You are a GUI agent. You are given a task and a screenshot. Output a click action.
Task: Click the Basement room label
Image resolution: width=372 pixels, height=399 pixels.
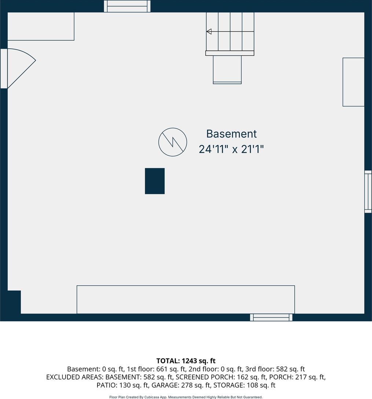[x=231, y=134]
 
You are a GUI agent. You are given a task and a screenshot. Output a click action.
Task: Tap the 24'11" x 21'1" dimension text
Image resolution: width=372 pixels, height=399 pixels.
[x=231, y=149]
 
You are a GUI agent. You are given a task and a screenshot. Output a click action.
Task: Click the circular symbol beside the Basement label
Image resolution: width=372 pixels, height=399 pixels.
[x=173, y=142]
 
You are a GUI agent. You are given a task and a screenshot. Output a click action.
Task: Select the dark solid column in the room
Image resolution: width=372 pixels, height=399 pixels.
[x=155, y=181]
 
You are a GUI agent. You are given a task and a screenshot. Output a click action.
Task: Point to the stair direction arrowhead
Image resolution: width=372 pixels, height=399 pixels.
[x=209, y=32]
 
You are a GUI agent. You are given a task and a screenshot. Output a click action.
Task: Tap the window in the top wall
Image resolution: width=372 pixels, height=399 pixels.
[x=127, y=6]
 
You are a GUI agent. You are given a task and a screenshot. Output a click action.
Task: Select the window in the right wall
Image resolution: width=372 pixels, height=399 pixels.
[x=368, y=191]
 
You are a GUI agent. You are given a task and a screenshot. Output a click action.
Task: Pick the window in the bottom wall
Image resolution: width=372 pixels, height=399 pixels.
[x=271, y=317]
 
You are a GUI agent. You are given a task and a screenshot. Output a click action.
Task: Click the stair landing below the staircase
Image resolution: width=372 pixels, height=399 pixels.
[x=227, y=70]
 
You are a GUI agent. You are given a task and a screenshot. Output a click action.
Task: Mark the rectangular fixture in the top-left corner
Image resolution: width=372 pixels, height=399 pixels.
[x=41, y=26]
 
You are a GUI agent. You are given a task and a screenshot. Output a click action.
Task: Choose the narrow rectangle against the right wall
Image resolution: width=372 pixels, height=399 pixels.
[x=353, y=82]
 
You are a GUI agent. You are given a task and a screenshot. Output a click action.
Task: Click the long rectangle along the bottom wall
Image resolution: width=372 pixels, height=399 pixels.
[x=185, y=300]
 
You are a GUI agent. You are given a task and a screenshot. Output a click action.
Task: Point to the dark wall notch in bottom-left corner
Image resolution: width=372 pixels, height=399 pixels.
[x=14, y=302]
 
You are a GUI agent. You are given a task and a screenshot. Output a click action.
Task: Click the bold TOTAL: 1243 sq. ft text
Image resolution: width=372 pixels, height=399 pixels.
[x=186, y=361]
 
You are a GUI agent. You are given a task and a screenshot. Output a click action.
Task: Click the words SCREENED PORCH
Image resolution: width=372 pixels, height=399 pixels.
[x=203, y=377]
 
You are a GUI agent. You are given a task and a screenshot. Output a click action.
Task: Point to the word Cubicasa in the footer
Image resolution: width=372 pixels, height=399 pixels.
[x=152, y=397]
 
